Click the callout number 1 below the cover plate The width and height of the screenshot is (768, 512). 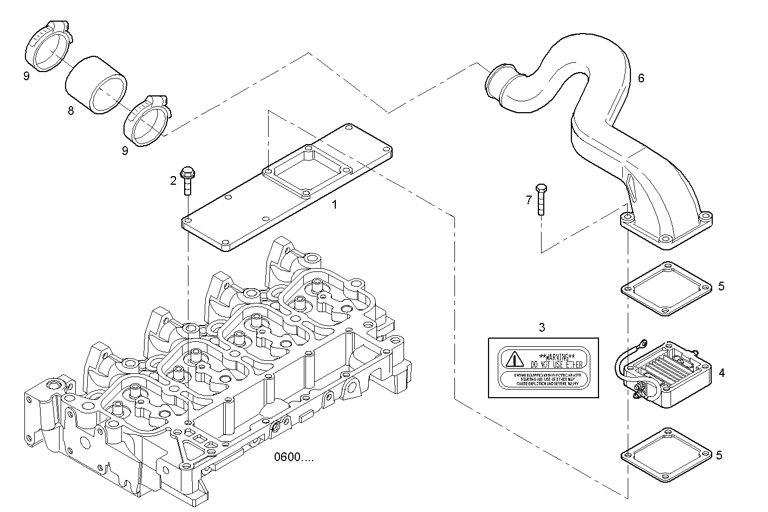[334, 205]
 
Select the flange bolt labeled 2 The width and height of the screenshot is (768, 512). [187, 179]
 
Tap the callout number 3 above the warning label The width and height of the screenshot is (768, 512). [542, 327]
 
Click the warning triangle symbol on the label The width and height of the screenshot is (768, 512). [512, 359]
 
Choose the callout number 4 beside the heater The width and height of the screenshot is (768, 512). [721, 373]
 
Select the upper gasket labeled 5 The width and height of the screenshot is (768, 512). [666, 289]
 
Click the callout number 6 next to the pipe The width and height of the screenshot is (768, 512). [641, 78]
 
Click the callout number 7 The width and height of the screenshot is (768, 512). [529, 200]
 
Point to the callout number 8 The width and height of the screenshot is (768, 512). [70, 111]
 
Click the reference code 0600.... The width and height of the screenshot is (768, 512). [293, 457]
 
